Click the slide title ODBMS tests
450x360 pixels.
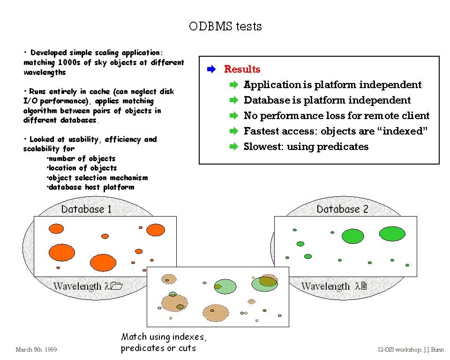tap(225, 26)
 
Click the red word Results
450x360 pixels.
tap(242, 69)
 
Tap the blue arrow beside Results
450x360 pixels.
tap(211, 69)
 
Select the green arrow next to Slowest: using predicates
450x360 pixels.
tap(234, 147)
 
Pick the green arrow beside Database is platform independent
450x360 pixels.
tap(234, 100)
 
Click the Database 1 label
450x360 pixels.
tap(86, 209)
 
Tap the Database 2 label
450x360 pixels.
tap(342, 209)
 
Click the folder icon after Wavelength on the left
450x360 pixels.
tap(116, 286)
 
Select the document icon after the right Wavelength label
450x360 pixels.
tap(363, 286)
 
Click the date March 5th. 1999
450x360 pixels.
tap(36, 350)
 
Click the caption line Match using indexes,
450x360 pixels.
tap(164, 337)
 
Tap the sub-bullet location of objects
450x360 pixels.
tap(82, 168)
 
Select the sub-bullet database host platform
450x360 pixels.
tap(91, 187)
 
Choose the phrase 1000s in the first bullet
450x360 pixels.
tap(70, 63)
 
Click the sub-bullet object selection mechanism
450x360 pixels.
tap(97, 178)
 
